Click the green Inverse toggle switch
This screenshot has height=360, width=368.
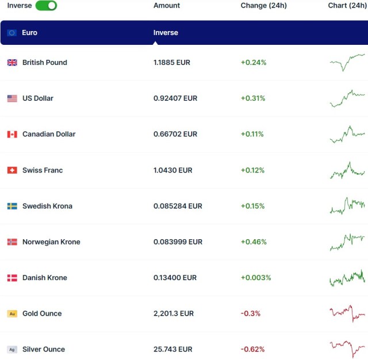pyautogui.click(x=46, y=6)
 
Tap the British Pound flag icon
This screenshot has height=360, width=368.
pyautogui.click(x=12, y=63)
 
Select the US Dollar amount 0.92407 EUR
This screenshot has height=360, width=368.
pyautogui.click(x=175, y=98)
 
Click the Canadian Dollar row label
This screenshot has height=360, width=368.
pyautogui.click(x=49, y=134)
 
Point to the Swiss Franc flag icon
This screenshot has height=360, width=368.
pyautogui.click(x=12, y=170)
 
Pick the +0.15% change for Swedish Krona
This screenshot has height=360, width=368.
pyautogui.click(x=252, y=206)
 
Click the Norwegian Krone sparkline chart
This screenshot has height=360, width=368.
pyautogui.click(x=347, y=242)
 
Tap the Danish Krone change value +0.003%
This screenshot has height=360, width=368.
pyautogui.click(x=255, y=278)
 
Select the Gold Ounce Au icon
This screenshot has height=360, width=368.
pyautogui.click(x=12, y=313)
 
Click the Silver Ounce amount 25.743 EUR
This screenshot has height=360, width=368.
pyautogui.click(x=173, y=349)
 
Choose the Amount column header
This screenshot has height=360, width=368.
pyautogui.click(x=167, y=6)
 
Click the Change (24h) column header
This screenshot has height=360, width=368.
pyautogui.click(x=263, y=6)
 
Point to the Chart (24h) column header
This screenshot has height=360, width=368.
pyautogui.click(x=347, y=6)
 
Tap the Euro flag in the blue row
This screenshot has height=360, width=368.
pyautogui.click(x=12, y=33)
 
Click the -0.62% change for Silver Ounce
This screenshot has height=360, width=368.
pyautogui.click(x=252, y=349)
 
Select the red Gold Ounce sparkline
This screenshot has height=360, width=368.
pyautogui.click(x=347, y=313)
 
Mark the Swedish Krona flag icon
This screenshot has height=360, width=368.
pyautogui.click(x=12, y=206)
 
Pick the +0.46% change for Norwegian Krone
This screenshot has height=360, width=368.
pyautogui.click(x=253, y=242)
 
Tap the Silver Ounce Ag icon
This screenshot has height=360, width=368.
pyautogui.click(x=12, y=349)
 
